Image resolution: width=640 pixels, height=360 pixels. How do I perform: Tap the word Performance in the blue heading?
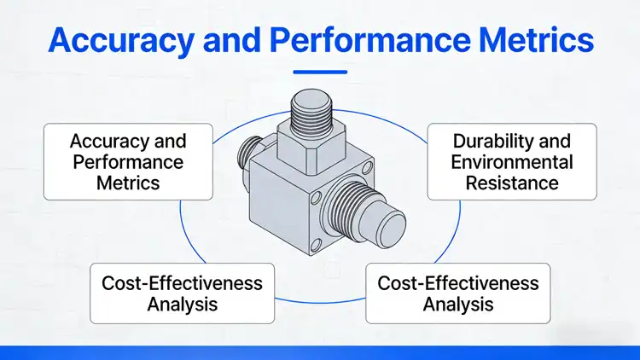click(x=354, y=39)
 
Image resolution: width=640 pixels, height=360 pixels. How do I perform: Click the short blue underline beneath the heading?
click(x=319, y=72)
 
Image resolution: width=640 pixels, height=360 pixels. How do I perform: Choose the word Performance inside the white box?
click(x=128, y=161)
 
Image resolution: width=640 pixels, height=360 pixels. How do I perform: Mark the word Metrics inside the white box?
click(x=128, y=182)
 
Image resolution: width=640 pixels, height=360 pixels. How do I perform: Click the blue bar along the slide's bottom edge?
click(x=320, y=352)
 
